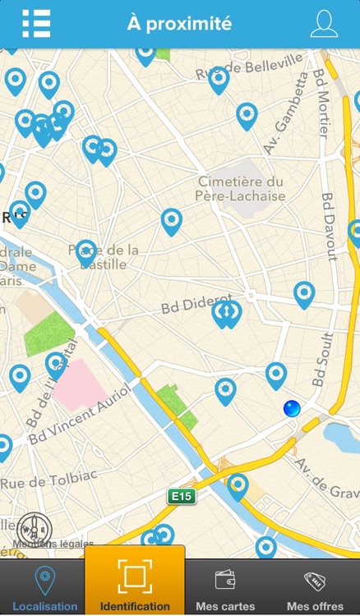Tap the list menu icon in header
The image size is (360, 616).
coord(36,24)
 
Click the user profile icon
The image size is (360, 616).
coord(324,24)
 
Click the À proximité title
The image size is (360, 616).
coord(179,24)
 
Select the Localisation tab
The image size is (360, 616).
coord(44,588)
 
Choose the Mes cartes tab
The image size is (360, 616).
coord(225,588)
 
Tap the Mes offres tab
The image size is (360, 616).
coord(315,588)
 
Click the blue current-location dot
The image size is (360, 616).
coord(291,408)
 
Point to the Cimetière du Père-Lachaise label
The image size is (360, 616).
coord(240,189)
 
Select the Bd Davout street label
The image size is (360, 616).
coord(330,226)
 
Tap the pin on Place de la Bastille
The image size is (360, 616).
coord(85,253)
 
